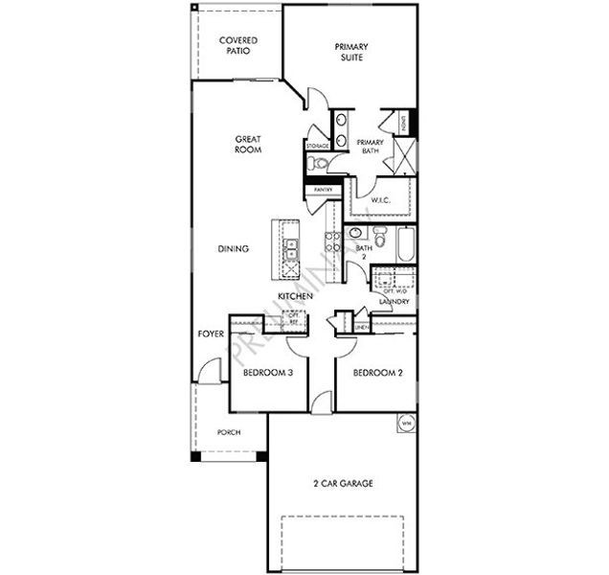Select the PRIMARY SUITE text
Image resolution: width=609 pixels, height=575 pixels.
pos(351,51)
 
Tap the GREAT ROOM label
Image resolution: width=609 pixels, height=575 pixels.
pos(248,145)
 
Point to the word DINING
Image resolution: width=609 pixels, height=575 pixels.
pos(233,249)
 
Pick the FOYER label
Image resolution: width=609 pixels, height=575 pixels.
pos(210,334)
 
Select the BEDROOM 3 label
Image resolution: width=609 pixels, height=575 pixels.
pos(267,373)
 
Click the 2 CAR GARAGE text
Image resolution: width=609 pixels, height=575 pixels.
pos(342,484)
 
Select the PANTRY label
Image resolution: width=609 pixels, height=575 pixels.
pos(322,190)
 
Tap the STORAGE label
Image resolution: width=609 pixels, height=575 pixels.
pos(317,146)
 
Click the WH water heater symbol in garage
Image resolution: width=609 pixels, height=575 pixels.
pos(405,422)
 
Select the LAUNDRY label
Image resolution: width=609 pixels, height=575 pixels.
pos(394,302)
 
